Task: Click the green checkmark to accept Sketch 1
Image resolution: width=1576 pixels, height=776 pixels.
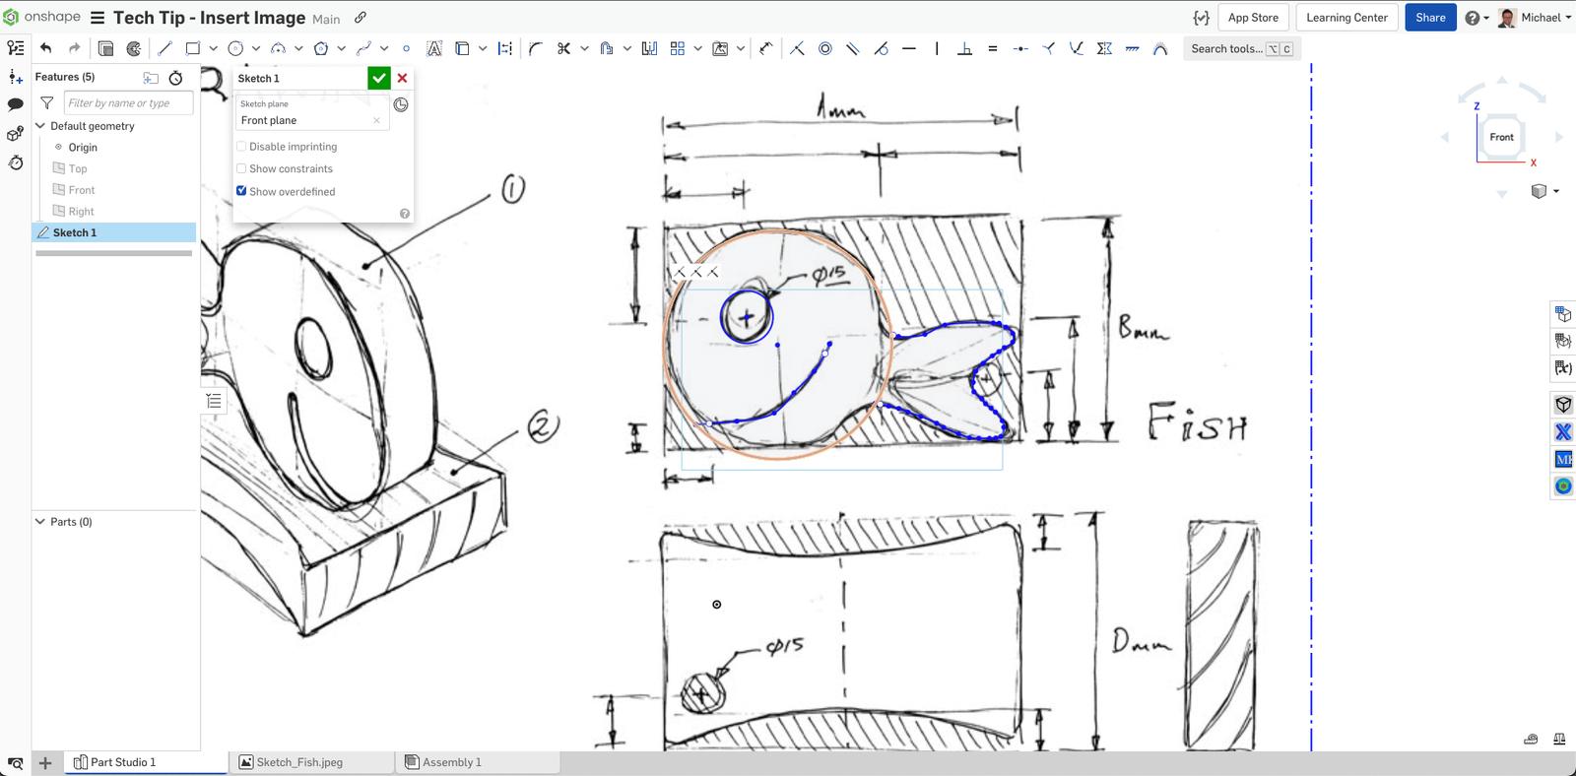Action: [x=378, y=78]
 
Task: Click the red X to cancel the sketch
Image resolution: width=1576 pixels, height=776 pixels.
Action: [x=402, y=78]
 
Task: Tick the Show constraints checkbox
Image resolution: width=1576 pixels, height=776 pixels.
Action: [x=241, y=168]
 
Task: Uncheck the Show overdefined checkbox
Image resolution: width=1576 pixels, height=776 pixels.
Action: [x=241, y=191]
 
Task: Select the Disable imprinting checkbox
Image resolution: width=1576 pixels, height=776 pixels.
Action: [x=241, y=147]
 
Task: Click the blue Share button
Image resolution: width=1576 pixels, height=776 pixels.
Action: [x=1429, y=18]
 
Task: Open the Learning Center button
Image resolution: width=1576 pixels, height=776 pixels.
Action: [x=1346, y=18]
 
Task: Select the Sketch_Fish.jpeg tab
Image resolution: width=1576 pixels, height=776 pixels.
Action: [x=299, y=762]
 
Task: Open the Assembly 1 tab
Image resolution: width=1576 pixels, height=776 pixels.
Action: [x=451, y=762]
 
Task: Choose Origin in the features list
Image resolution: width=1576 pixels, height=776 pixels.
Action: [x=83, y=148]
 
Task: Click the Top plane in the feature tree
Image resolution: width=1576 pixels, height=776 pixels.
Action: [x=78, y=168]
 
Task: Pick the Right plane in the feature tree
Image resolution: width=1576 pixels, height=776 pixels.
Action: [x=81, y=212]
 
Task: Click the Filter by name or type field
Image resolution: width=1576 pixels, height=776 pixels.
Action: [x=128, y=102]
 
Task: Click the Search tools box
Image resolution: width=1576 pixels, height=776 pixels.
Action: [x=1226, y=48]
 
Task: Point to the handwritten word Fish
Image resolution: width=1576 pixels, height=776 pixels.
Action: [x=1198, y=423]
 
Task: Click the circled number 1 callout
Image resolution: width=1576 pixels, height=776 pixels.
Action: [x=513, y=188]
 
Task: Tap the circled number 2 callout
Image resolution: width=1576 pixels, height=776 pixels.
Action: [x=543, y=426]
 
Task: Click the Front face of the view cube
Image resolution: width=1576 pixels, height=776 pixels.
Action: [x=1501, y=138]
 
